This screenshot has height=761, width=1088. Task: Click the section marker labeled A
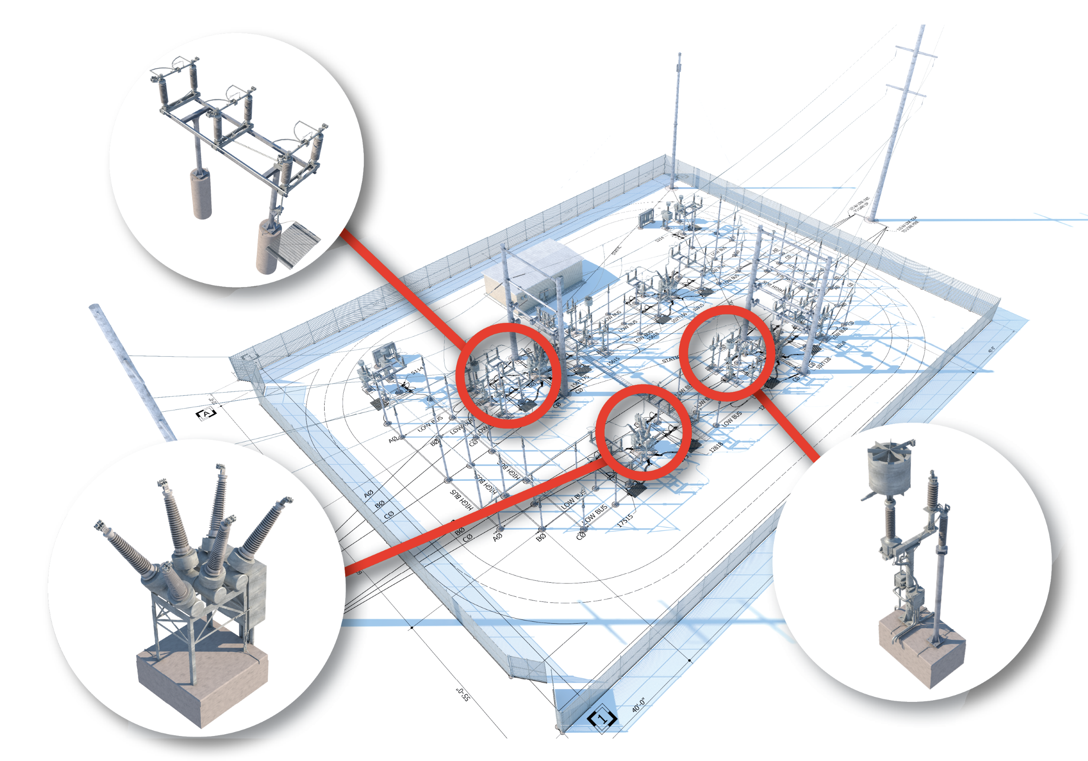point(206,413)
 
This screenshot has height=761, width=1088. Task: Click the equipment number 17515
point(625,520)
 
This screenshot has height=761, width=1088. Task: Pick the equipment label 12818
point(716,447)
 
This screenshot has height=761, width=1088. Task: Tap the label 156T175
point(580,383)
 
